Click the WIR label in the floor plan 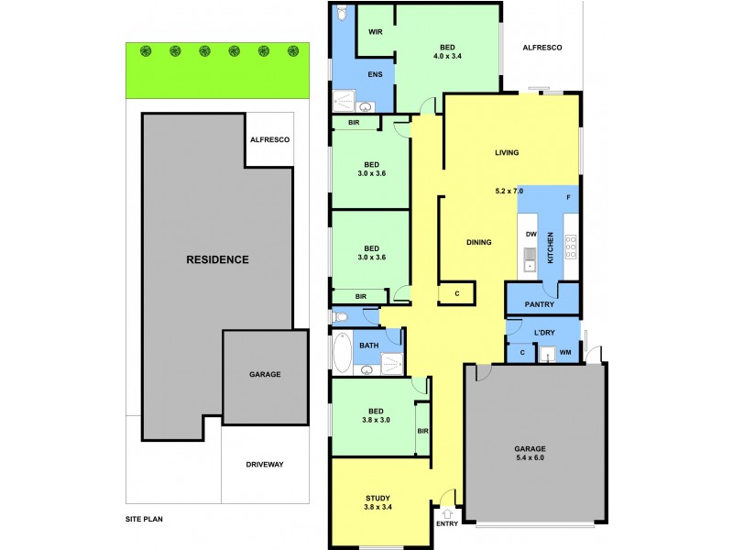(x=375, y=32)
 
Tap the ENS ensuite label (x=375, y=74)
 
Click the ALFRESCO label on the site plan (x=270, y=139)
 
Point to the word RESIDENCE (x=217, y=259)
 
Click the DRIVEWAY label (x=265, y=465)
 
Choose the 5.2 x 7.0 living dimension (x=509, y=191)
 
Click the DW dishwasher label (x=531, y=234)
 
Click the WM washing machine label (x=565, y=351)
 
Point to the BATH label (x=369, y=346)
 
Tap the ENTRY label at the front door (x=447, y=523)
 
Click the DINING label (x=479, y=242)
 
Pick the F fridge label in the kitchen (x=568, y=198)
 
